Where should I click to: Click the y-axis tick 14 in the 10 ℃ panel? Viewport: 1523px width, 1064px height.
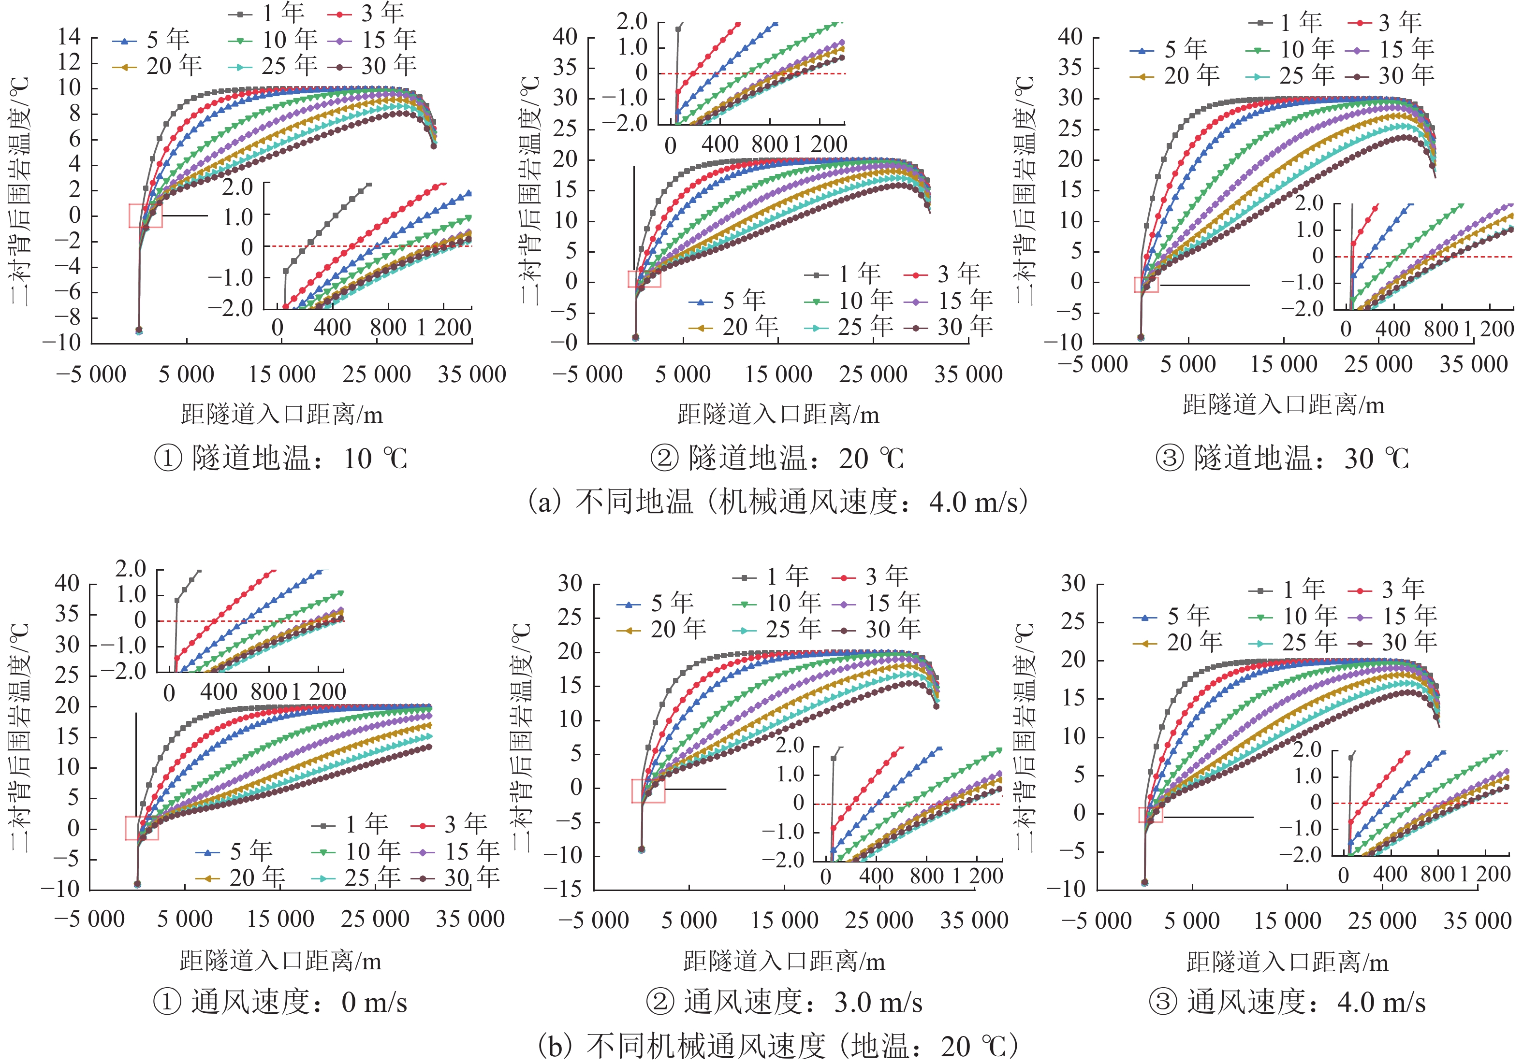[x=69, y=36]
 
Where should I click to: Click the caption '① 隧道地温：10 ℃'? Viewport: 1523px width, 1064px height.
[x=280, y=459]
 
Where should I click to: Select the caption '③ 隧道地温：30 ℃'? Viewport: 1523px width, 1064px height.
[x=1282, y=459]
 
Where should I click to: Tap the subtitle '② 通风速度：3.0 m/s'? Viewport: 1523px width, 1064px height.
[x=784, y=1002]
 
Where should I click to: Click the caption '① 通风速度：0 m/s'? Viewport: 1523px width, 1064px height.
[x=280, y=1002]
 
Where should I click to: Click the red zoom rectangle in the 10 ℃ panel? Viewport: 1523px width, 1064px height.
[x=145, y=216]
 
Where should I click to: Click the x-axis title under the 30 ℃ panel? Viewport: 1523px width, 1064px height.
[x=1284, y=404]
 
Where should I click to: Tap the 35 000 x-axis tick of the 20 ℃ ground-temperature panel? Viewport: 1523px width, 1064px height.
[x=968, y=374]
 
